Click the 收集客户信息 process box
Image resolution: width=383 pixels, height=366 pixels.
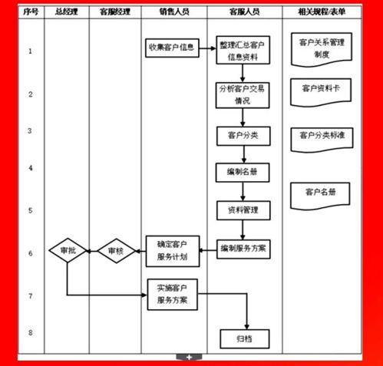click(x=172, y=48)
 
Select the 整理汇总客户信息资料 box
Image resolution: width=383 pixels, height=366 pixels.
click(x=243, y=50)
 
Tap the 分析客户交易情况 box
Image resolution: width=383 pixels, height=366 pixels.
click(x=243, y=95)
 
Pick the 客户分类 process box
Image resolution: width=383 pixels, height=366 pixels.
click(x=243, y=136)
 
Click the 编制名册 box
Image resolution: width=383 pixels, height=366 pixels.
click(x=243, y=173)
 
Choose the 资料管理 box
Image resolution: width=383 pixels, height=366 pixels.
click(x=243, y=210)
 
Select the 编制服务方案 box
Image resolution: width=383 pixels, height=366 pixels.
click(x=243, y=249)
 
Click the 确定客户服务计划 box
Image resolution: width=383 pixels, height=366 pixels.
click(x=173, y=251)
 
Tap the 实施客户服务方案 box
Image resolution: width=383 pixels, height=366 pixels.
click(x=173, y=295)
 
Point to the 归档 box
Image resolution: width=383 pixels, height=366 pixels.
click(x=245, y=339)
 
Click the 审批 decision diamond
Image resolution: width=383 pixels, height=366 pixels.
click(x=68, y=250)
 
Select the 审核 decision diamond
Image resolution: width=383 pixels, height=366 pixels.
click(x=116, y=251)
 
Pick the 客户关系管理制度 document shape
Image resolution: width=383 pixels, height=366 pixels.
click(x=322, y=49)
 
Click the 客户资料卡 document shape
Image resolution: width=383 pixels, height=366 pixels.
click(x=321, y=92)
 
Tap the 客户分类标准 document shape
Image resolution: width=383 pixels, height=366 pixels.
click(x=322, y=140)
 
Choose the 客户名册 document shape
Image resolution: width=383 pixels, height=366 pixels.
click(x=320, y=196)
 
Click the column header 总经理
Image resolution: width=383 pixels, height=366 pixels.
click(x=67, y=12)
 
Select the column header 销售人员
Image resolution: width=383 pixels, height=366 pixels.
click(x=174, y=12)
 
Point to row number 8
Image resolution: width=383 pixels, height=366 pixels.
click(x=31, y=333)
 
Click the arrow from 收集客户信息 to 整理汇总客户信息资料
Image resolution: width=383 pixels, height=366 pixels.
click(x=207, y=48)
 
